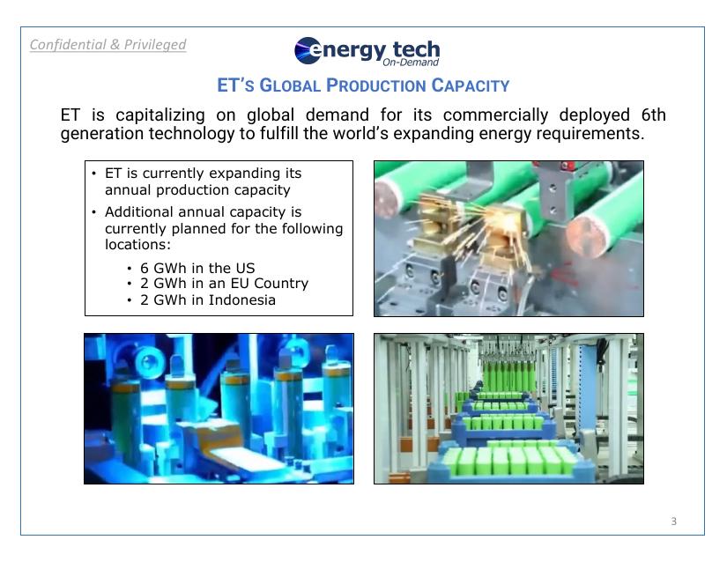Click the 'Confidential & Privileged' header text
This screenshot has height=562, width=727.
[108, 44]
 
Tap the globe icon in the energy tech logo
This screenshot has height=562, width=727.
[308, 51]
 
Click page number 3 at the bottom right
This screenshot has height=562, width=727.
[674, 521]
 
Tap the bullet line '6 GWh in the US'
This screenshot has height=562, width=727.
[197, 268]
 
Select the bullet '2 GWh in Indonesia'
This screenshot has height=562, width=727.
[207, 299]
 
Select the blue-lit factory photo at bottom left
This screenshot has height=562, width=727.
[219, 409]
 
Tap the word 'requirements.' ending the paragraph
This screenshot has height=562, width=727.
[593, 134]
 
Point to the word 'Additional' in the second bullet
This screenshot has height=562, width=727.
[141, 212]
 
